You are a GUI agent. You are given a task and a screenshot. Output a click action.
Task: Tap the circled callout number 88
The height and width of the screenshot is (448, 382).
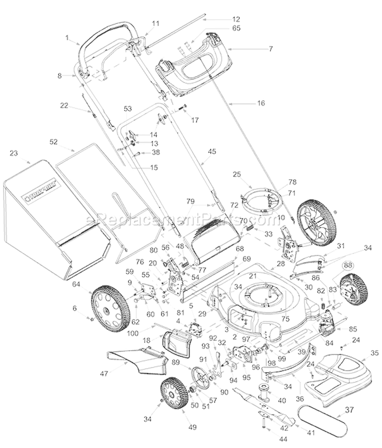pos(347,265)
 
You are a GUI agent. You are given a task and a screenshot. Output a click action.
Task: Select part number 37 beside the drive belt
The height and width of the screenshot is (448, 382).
pos(348,409)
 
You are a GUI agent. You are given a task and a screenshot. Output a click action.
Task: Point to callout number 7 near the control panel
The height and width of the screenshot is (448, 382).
pos(271,49)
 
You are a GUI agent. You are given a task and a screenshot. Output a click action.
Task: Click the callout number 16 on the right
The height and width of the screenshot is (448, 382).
pos(261,103)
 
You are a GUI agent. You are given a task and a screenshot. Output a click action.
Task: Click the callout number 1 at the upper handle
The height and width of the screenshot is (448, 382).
pos(67,37)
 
